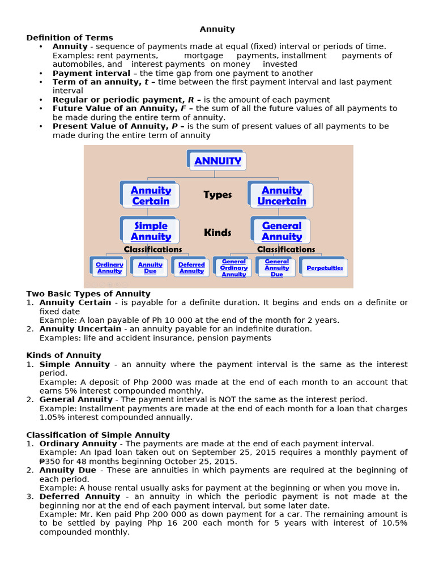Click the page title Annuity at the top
point(217,29)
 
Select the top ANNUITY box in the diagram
point(217,161)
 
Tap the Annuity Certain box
point(151,195)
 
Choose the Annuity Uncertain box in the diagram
point(282,195)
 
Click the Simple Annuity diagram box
point(151,231)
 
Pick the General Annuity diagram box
point(282,231)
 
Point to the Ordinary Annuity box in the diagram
point(109,268)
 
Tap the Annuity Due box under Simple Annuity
point(150,268)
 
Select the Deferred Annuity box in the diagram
point(191,268)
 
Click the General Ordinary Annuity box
point(234,268)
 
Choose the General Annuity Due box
point(277,268)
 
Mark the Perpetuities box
point(325,268)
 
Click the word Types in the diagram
point(217,195)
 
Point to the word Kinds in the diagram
point(217,232)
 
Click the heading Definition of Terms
point(70,38)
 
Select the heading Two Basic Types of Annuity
point(88,293)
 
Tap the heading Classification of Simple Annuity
point(98,435)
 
